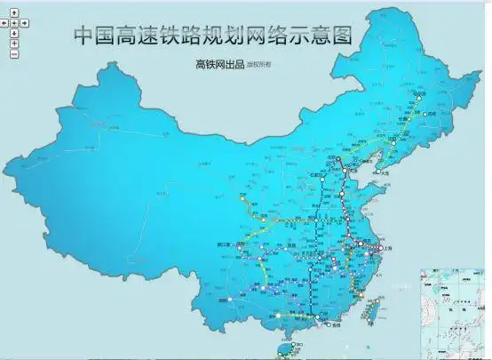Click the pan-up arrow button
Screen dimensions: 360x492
click(x=15, y=12)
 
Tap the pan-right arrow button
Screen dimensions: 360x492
click(x=24, y=22)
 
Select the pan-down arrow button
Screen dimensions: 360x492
click(x=15, y=32)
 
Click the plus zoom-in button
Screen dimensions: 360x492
click(x=15, y=43)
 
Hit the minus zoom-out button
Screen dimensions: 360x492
click(x=15, y=53)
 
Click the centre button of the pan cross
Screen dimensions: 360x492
click(x=15, y=22)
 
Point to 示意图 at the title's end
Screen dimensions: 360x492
click(x=323, y=35)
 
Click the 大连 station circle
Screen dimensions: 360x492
click(x=378, y=171)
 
